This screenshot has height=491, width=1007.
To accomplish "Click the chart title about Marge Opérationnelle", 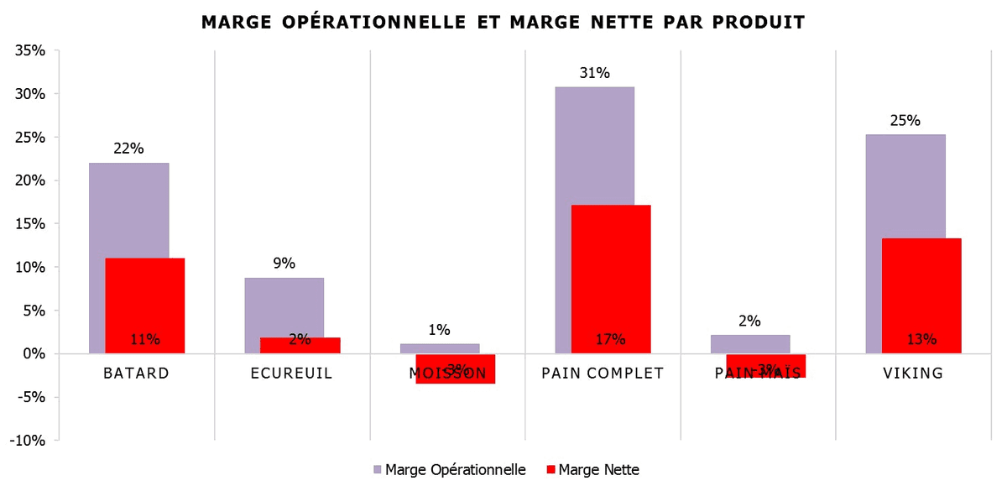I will coord(503,23).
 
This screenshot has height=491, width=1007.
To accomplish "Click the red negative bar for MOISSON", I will coord(456,369).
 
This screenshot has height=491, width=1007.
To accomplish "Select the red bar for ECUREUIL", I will coord(300,345).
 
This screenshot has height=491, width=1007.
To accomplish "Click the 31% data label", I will coord(594,73).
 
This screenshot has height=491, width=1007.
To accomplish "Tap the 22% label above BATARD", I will coord(128,149).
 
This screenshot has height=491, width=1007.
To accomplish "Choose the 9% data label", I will coord(284,264).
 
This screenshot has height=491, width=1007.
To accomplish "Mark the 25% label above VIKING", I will coord(905,120).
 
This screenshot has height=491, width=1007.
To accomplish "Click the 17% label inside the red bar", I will coord(611,340).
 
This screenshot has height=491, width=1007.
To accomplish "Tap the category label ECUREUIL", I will coord(292,373).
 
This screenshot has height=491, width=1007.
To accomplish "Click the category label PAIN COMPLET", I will coord(603,373).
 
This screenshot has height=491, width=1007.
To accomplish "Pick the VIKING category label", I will coord(913,373).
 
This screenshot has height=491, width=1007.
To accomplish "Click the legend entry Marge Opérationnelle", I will coord(449,470).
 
